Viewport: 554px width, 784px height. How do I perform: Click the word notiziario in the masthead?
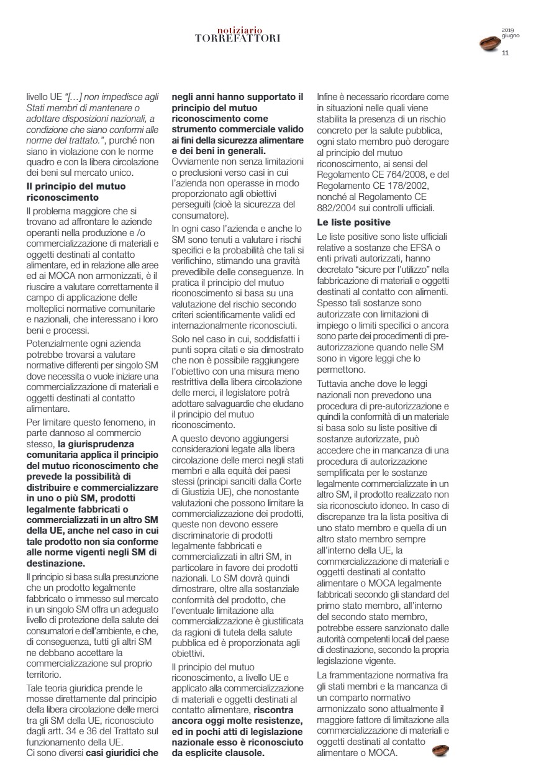click(x=240, y=30)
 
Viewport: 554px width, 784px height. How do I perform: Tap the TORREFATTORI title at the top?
click(x=238, y=38)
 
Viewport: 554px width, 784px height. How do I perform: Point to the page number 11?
click(x=505, y=53)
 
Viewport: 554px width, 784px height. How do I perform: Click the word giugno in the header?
click(x=510, y=36)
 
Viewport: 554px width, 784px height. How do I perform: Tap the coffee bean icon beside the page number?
click(x=491, y=43)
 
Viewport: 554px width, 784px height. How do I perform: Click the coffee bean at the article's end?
click(x=440, y=750)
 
